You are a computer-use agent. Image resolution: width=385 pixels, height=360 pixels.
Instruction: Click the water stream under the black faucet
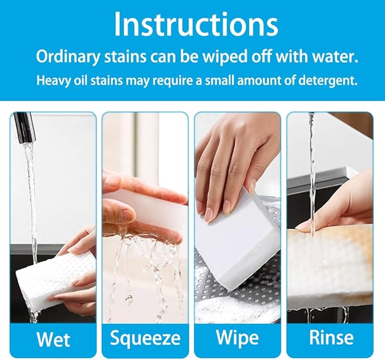pos(31,193)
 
